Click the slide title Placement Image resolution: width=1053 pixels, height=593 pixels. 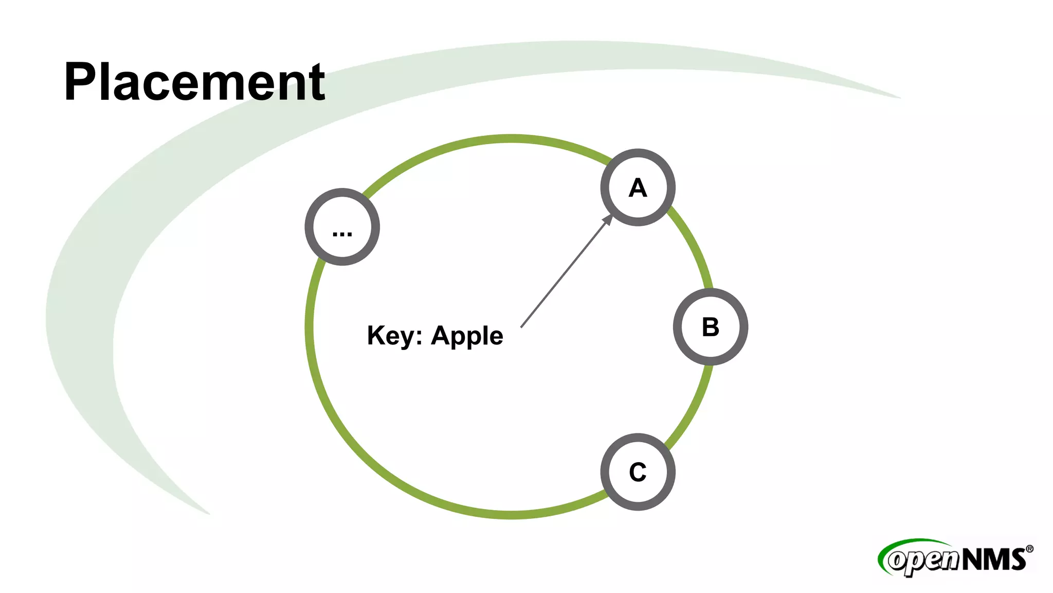[194, 81]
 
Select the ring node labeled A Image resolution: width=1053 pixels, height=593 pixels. [638, 187]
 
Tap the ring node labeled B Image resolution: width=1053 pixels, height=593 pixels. [710, 327]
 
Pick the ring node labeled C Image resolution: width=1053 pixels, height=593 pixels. [638, 472]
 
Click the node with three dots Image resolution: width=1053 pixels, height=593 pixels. [342, 227]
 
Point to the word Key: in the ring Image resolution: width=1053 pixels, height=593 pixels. [394, 336]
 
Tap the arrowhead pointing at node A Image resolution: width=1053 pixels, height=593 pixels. [608, 219]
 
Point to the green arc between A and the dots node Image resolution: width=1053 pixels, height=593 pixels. [483, 140]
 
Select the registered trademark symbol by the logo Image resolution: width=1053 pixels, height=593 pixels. [1029, 549]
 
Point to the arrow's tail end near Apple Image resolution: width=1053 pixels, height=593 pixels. [522, 326]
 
